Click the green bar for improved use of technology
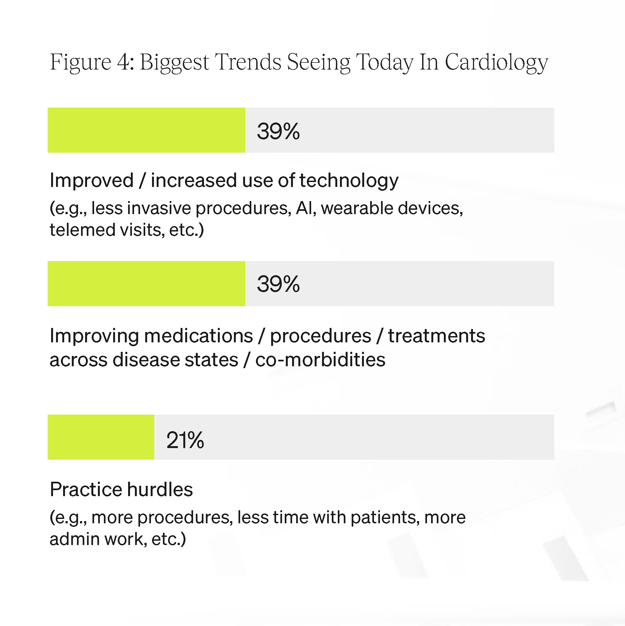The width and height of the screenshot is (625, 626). pos(146,130)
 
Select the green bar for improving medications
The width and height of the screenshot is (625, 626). pos(146,283)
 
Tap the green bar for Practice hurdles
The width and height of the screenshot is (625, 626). pos(101,437)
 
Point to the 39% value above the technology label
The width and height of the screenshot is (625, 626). pos(278,131)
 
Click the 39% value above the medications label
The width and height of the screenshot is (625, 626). pos(278,284)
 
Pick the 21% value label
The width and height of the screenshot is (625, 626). pos(185,440)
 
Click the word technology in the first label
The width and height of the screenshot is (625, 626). pos(349,181)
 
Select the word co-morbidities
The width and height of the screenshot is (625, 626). pos(320,360)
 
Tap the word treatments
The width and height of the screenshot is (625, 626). pos(437,336)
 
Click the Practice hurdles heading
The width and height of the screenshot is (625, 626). pos(121,489)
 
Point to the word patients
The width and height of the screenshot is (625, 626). pos(383,517)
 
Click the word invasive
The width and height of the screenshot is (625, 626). pos(159,208)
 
